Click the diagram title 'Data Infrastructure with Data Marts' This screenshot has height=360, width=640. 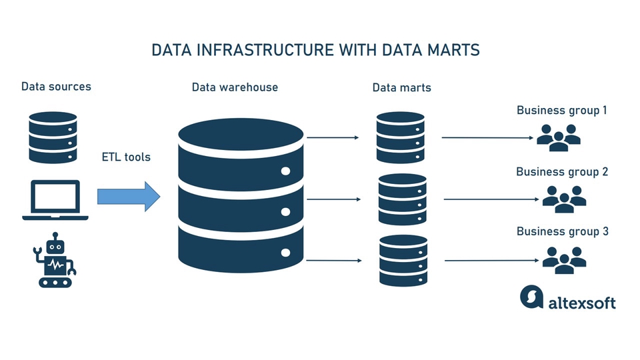point(316,50)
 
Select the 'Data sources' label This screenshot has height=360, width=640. point(56,86)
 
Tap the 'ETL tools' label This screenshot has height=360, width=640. point(126,157)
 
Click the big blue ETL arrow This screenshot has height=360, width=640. point(129,196)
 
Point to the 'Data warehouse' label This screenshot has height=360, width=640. point(235,87)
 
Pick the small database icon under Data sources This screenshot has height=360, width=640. point(53,137)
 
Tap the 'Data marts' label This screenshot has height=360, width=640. point(401,87)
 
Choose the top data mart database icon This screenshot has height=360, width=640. point(400,137)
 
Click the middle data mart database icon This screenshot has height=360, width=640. point(402,199)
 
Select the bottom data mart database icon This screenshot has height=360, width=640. point(403,260)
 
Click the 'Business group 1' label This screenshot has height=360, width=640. point(561,110)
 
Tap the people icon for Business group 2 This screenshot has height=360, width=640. point(564,199)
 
